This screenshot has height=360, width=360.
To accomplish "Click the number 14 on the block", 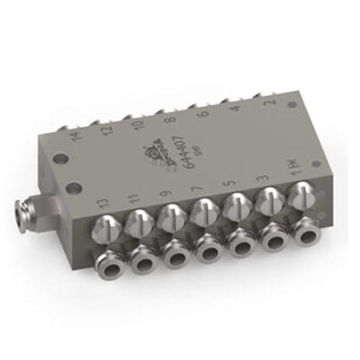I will pyautogui.click(x=74, y=137).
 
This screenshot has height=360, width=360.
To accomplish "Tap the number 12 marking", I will pyautogui.click(x=104, y=130).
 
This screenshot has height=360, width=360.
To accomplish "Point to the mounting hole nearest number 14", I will pyautogui.click(x=61, y=160).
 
